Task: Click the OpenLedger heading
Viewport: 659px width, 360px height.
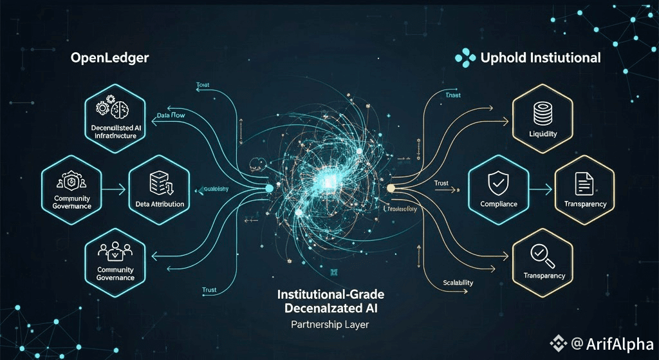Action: [109, 58]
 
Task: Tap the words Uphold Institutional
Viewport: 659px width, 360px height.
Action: [541, 58]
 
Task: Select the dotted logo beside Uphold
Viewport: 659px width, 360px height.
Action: [465, 58]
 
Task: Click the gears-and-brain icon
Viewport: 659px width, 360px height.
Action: [112, 108]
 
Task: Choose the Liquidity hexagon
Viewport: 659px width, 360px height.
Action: [543, 117]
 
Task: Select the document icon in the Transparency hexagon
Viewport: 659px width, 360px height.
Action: [584, 185]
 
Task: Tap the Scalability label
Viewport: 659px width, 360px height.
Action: [458, 283]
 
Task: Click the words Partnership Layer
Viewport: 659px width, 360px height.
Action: [329, 325]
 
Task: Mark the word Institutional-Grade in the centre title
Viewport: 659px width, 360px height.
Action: [330, 294]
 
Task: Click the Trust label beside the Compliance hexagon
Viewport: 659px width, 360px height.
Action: [441, 184]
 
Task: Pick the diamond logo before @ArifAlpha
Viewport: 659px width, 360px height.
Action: [555, 343]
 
